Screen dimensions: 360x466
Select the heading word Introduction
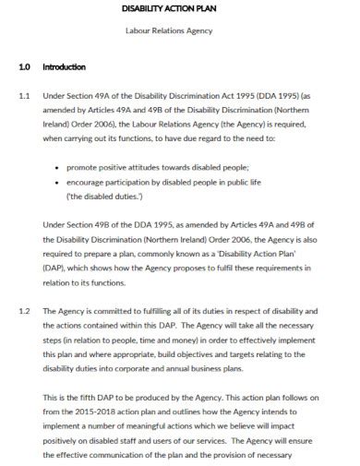(64, 67)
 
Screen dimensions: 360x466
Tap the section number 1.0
(25, 67)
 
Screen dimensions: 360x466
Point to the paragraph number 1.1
(25, 95)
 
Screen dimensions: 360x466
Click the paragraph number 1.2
(25, 310)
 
